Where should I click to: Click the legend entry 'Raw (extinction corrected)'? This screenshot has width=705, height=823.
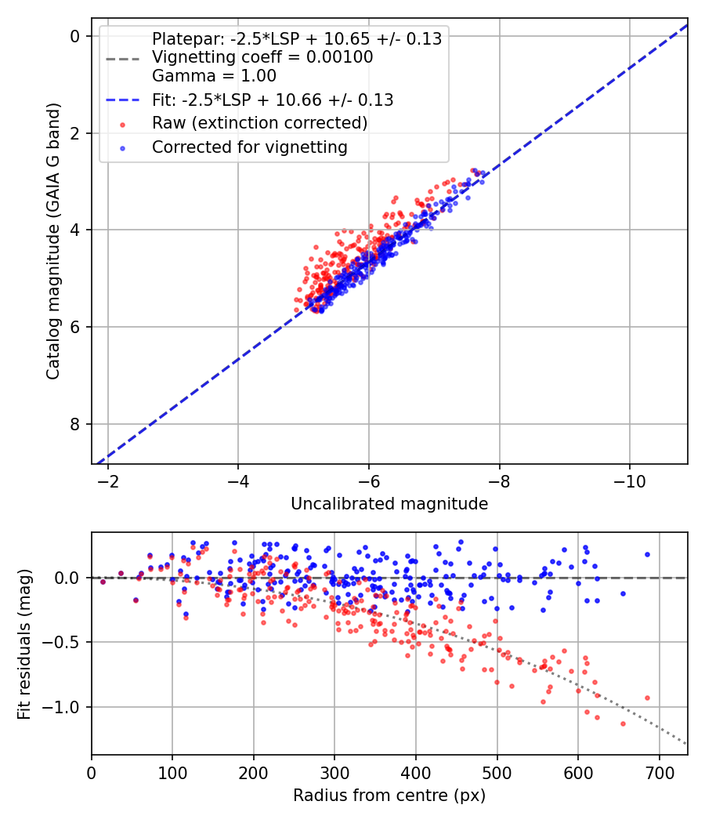(x=259, y=123)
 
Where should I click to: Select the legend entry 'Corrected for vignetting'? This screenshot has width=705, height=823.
(x=249, y=147)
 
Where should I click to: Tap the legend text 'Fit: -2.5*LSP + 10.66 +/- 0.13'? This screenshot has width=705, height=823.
(x=273, y=100)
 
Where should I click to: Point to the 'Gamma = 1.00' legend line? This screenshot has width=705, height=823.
(x=214, y=76)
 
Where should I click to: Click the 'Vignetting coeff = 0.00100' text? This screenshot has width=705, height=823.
(x=262, y=57)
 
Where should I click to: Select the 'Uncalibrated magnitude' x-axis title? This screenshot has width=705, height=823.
(x=389, y=504)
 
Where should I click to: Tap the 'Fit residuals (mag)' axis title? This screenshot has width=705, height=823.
(x=24, y=644)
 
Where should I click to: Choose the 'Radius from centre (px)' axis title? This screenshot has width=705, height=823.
(x=389, y=796)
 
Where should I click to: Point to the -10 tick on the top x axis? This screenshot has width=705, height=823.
(x=630, y=480)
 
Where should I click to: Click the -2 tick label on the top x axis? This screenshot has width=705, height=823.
(x=108, y=480)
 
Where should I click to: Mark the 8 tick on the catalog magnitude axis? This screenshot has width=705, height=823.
(x=75, y=424)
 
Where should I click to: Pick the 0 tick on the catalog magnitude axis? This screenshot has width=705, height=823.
(x=75, y=36)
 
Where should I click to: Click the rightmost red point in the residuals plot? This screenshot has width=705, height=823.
(x=647, y=698)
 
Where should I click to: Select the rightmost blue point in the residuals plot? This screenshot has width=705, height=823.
(x=647, y=554)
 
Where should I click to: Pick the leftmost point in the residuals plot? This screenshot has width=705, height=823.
(x=103, y=582)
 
